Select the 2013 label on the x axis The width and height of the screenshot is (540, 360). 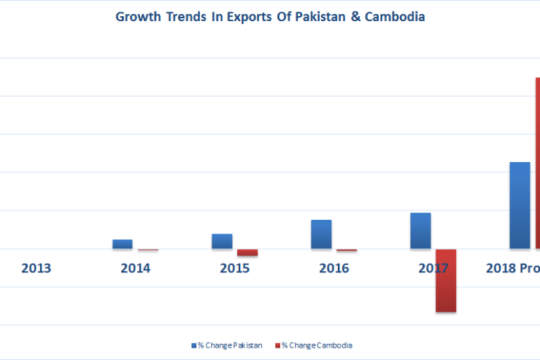pyautogui.click(x=36, y=268)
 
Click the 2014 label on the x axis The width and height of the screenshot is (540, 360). pyautogui.click(x=136, y=268)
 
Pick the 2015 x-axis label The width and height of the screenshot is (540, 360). pyautogui.click(x=235, y=268)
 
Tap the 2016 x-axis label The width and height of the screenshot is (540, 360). pyautogui.click(x=334, y=268)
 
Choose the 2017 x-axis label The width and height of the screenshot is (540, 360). pyautogui.click(x=433, y=268)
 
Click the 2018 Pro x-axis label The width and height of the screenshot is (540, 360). pyautogui.click(x=512, y=268)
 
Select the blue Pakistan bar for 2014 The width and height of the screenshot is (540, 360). pyautogui.click(x=123, y=244)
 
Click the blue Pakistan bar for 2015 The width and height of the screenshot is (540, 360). pyautogui.click(x=222, y=241)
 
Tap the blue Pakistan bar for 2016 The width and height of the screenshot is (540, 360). pyautogui.click(x=321, y=234)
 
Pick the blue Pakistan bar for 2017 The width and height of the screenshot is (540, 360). pyautogui.click(x=420, y=231)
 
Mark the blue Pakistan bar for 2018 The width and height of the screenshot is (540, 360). pyautogui.click(x=520, y=205)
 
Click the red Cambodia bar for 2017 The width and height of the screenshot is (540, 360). pyautogui.click(x=446, y=280)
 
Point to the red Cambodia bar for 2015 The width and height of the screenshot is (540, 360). pyautogui.click(x=247, y=253)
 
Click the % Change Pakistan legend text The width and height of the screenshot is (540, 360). pyautogui.click(x=230, y=345)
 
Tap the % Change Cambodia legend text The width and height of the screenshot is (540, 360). pyautogui.click(x=317, y=345)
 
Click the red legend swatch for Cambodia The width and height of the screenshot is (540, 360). pyautogui.click(x=278, y=345)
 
